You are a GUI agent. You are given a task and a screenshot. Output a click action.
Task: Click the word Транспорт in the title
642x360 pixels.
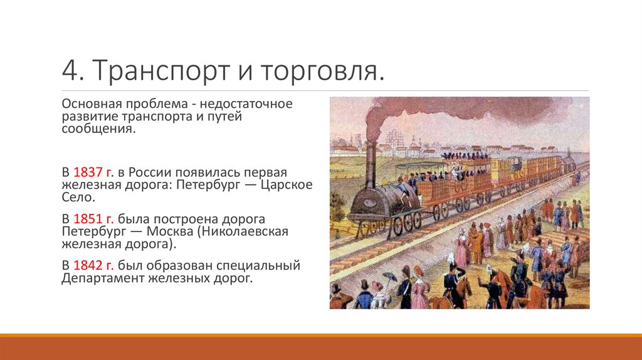point(148,71)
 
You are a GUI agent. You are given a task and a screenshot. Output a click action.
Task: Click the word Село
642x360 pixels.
point(76,198)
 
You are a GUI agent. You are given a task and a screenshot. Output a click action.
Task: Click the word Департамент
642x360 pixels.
point(102,278)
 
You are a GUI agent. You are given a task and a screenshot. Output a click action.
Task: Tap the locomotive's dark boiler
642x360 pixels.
point(376,201)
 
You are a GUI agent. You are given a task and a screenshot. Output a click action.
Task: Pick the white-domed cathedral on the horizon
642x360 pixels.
point(391,138)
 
